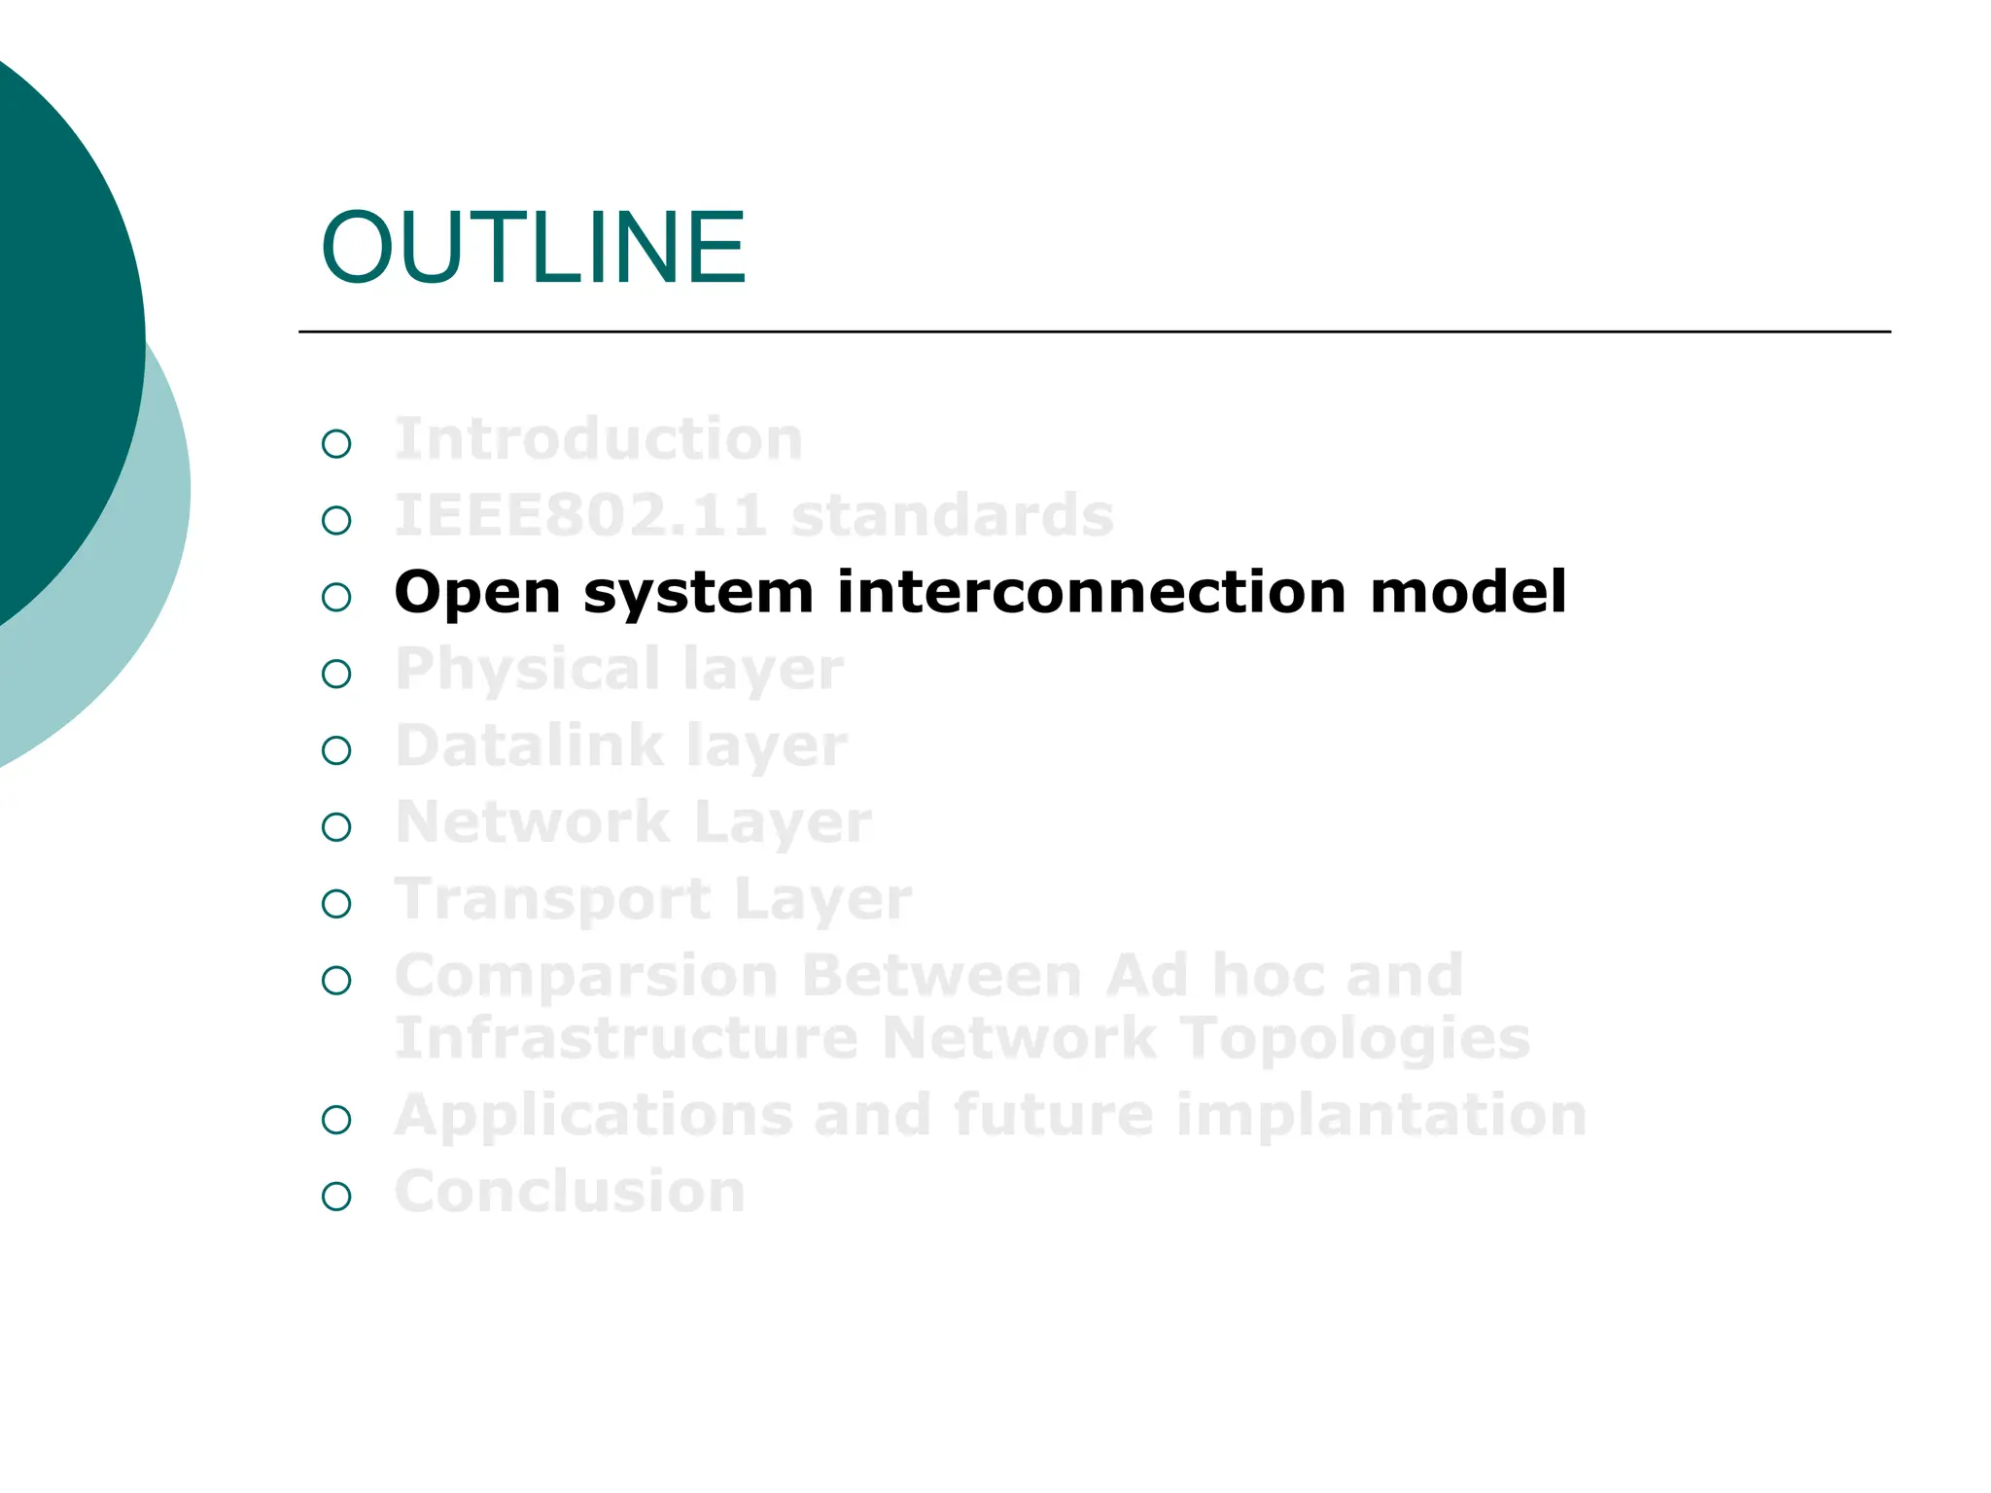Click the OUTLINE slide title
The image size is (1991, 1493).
533,249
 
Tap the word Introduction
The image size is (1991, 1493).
598,439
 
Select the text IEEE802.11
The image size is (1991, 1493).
580,515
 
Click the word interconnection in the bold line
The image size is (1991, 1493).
1092,592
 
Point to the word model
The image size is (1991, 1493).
1468,592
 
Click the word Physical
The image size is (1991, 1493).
528,671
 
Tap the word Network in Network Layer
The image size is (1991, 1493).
533,822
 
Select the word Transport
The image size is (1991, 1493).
552,899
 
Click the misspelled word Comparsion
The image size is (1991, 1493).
586,976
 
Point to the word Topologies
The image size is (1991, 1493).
1355,1039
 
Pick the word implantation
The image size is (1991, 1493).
1380,1115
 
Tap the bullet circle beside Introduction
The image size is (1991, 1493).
336,444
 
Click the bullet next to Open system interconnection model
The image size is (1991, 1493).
336,597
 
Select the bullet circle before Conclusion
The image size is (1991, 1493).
336,1197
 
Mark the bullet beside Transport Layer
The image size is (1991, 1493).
336,904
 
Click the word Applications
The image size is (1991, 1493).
593,1115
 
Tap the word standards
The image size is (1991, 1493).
952,515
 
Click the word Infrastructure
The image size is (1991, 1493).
626,1039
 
